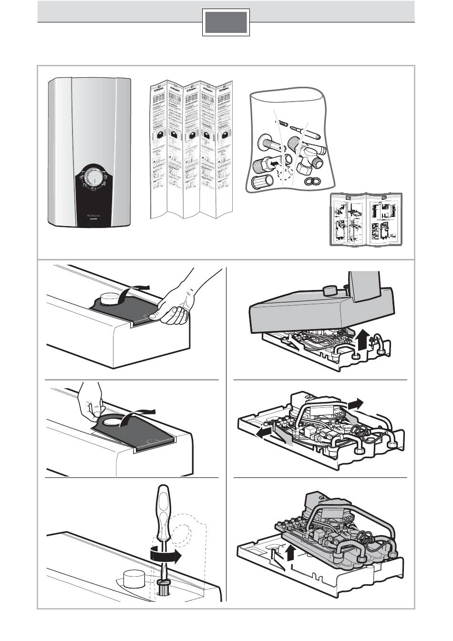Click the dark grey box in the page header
(x=226, y=23)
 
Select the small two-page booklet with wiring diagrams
(x=366, y=220)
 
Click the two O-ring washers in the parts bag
(x=312, y=180)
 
